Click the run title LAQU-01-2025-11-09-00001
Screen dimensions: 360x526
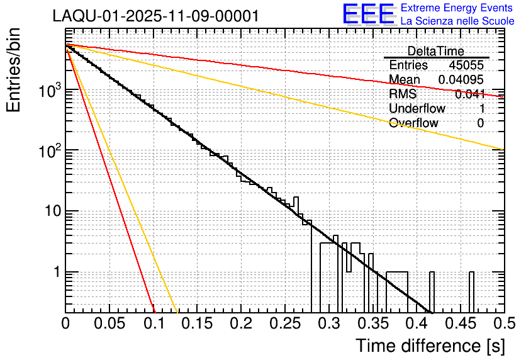click(155, 16)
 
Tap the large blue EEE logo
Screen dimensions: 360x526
click(368, 14)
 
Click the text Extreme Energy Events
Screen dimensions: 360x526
click(457, 8)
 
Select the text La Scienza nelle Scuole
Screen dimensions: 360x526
click(457, 21)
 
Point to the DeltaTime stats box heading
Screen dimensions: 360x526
click(436, 51)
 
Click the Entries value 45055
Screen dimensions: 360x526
click(466, 65)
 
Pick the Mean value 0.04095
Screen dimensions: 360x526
click(461, 80)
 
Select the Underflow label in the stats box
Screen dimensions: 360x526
click(417, 108)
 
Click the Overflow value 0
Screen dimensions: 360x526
click(480, 123)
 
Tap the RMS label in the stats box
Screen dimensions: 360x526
click(403, 94)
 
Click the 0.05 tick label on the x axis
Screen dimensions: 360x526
click(109, 323)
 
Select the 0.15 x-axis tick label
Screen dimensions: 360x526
click(197, 323)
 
